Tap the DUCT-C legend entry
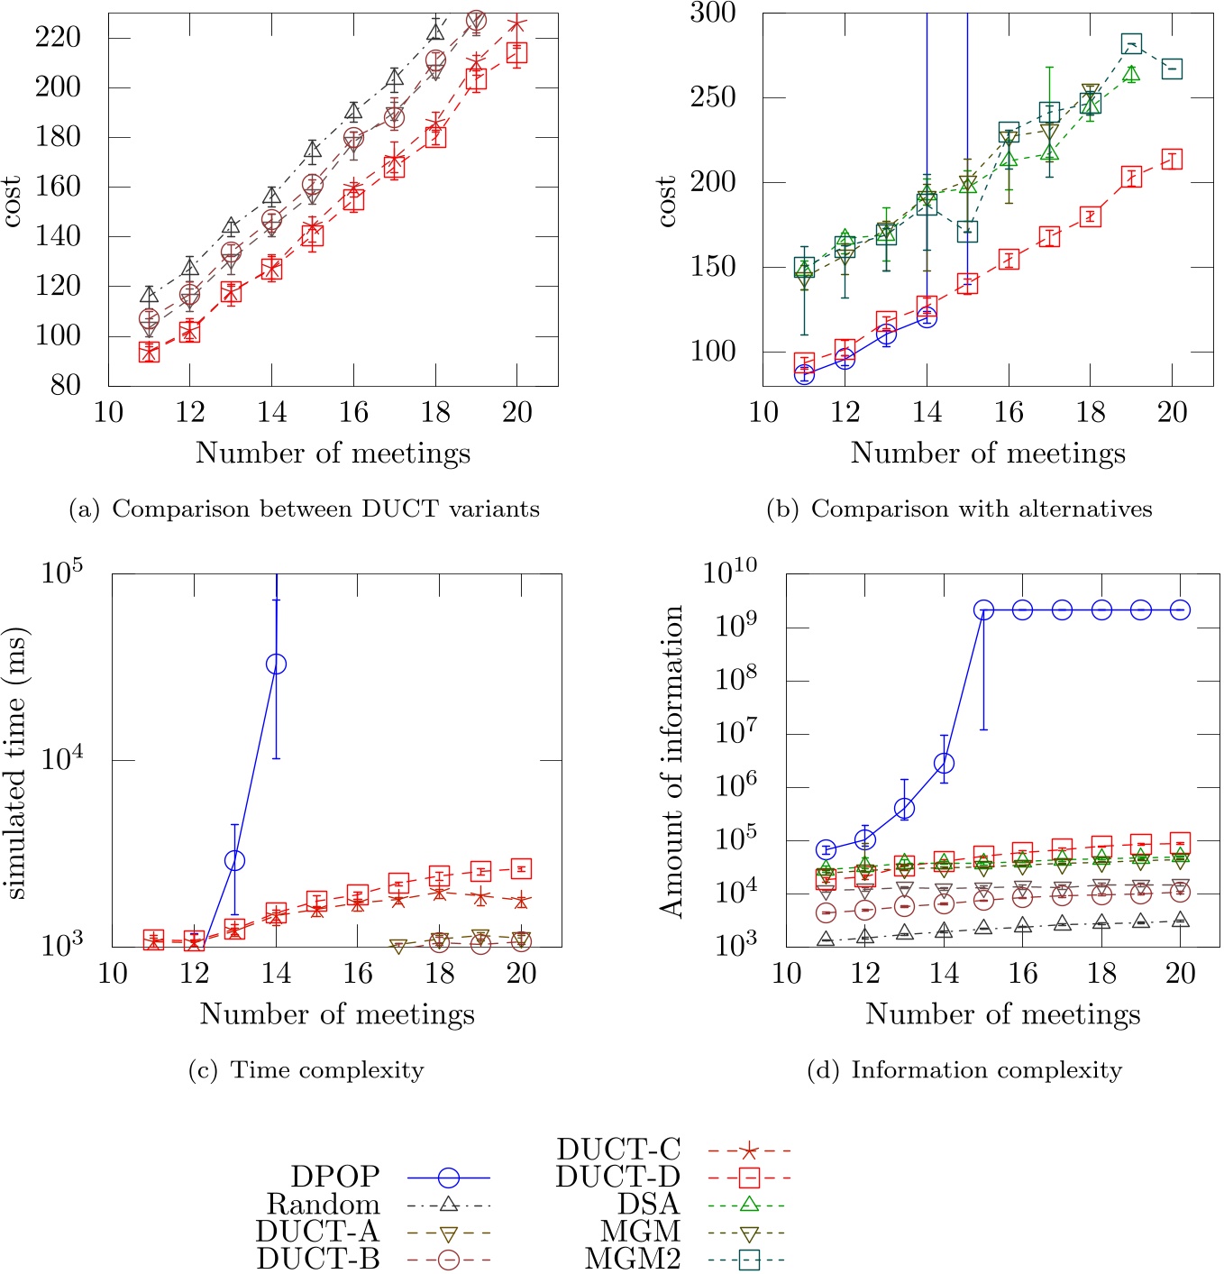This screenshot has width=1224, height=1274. [x=672, y=1150]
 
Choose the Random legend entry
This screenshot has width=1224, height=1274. [x=378, y=1205]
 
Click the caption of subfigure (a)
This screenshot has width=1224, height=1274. [x=305, y=509]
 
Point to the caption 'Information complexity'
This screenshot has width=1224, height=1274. [x=964, y=1070]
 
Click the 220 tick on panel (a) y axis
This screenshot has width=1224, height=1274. [x=58, y=38]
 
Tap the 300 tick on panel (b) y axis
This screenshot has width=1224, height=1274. [x=713, y=14]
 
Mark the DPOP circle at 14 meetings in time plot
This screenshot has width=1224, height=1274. [x=277, y=664]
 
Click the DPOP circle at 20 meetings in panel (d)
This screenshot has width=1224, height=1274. [x=1180, y=610]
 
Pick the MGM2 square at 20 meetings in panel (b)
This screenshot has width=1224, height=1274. [x=1172, y=69]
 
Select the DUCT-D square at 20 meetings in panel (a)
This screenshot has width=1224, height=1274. [x=516, y=53]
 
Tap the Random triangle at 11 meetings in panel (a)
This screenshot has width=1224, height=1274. [x=150, y=294]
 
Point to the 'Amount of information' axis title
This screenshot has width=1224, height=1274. [x=671, y=761]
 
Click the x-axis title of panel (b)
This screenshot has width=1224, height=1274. [x=988, y=453]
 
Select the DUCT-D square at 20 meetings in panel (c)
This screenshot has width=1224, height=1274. [x=522, y=869]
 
